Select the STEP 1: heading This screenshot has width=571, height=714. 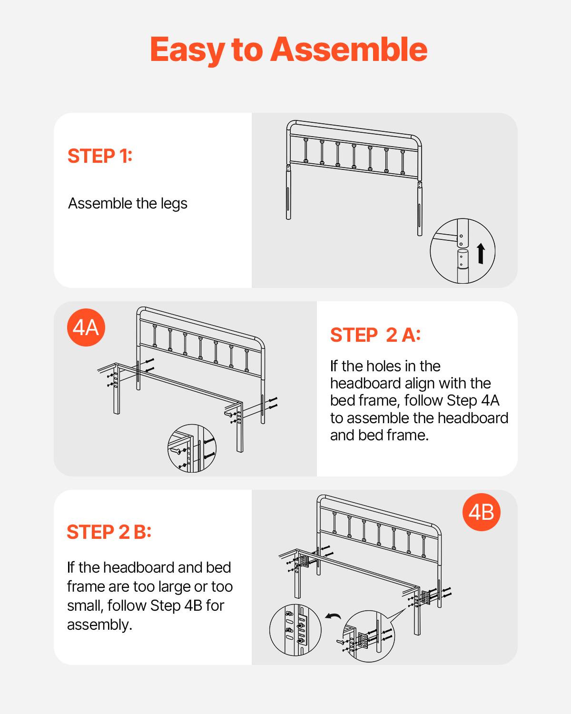pyautogui.click(x=100, y=156)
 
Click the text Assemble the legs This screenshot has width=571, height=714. pyautogui.click(x=128, y=203)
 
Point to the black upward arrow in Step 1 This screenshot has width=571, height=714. pyautogui.click(x=481, y=253)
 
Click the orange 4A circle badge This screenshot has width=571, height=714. pyautogui.click(x=86, y=327)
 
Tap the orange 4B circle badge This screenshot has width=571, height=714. pyautogui.click(x=481, y=512)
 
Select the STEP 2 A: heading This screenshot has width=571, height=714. pyautogui.click(x=375, y=335)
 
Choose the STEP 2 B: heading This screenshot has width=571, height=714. pyautogui.click(x=109, y=532)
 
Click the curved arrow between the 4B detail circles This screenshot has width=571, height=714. pyautogui.click(x=333, y=617)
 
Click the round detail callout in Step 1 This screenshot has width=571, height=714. pyautogui.click(x=462, y=251)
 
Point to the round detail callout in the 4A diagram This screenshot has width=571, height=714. pyautogui.click(x=192, y=448)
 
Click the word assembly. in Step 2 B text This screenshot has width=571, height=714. pyautogui.click(x=99, y=625)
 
